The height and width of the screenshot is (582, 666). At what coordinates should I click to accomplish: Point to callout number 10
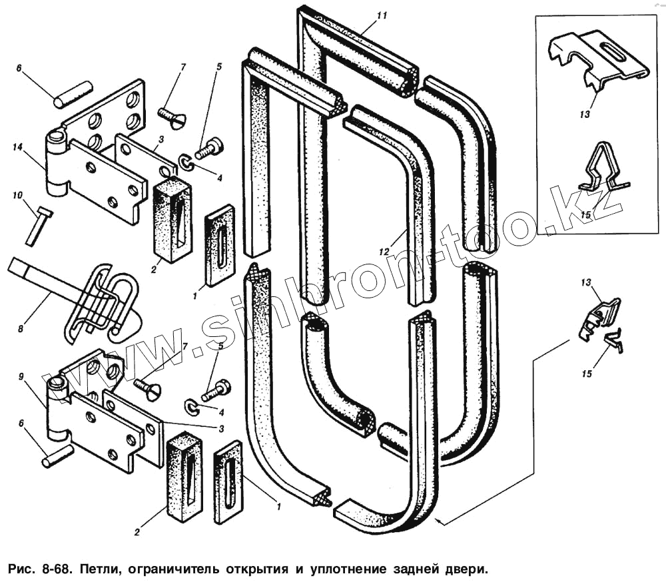point(17,195)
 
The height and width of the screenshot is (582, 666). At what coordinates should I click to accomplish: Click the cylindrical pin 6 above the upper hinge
point(73,93)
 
